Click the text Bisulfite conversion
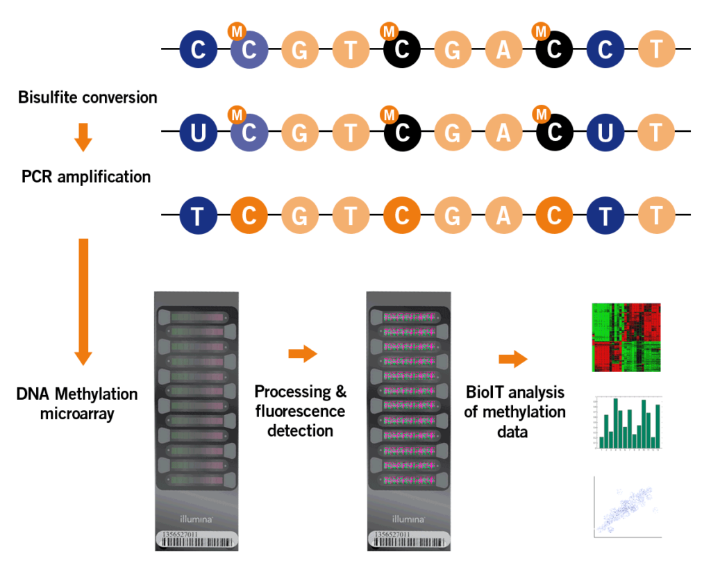[89, 97]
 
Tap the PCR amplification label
[86, 176]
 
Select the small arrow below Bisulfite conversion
[83, 137]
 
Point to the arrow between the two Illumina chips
[302, 354]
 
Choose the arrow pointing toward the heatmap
[513, 359]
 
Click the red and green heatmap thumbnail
[626, 337]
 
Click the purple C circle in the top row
[249, 51]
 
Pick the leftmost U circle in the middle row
[198, 132]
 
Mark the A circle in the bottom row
[503, 216]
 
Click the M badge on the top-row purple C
[237, 31]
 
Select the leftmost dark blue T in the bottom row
[198, 216]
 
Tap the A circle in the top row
[503, 51]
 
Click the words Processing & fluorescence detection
[301, 411]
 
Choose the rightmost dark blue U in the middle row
[605, 132]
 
